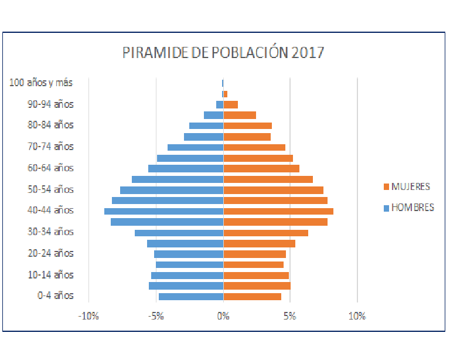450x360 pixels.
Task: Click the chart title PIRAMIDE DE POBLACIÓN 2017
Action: click(x=223, y=52)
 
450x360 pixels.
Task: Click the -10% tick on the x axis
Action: click(x=88, y=316)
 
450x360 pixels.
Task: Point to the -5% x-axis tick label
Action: click(x=156, y=316)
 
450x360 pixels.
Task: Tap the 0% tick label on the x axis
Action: click(x=223, y=316)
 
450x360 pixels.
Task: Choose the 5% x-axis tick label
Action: click(x=290, y=316)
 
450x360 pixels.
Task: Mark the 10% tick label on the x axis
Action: click(x=357, y=316)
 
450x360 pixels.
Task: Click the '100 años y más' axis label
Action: click(x=41, y=83)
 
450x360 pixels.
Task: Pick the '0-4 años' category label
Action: click(x=56, y=296)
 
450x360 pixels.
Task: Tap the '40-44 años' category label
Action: click(x=51, y=210)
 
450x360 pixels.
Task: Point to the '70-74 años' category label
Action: click(x=51, y=147)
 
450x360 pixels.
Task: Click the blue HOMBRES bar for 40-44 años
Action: click(x=164, y=211)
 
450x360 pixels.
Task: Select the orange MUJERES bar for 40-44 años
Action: click(x=278, y=211)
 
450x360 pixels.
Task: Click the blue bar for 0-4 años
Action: click(x=191, y=297)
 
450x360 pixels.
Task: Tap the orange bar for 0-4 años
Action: click(x=253, y=297)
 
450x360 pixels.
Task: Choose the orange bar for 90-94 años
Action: click(x=231, y=104)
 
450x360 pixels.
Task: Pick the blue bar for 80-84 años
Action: click(x=206, y=125)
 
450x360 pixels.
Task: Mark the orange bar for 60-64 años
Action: click(x=261, y=168)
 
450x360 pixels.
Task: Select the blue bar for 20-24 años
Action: click(x=189, y=254)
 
